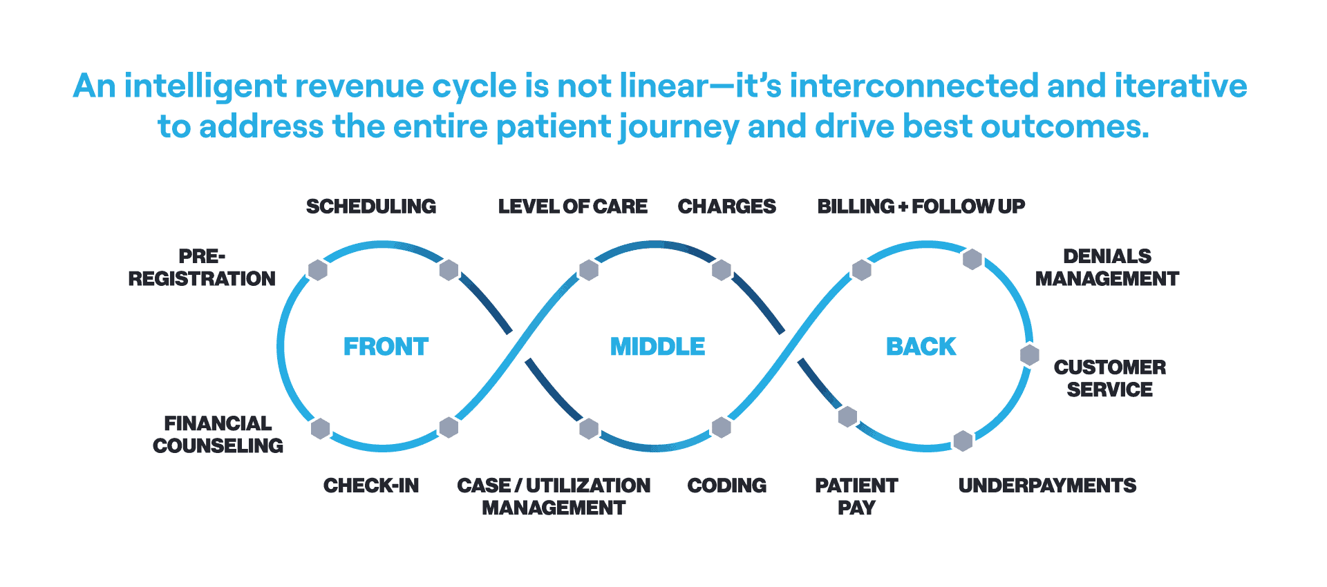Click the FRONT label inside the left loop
[386, 346]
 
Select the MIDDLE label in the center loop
[657, 346]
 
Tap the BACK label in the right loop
[921, 346]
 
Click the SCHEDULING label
[371, 206]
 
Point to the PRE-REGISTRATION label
[202, 267]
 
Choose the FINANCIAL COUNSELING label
[218, 434]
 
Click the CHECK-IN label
[371, 485]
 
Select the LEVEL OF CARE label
[572, 206]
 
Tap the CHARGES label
[726, 206]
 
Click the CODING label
[726, 485]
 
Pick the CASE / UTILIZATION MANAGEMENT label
[554, 497]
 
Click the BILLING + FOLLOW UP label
[921, 206]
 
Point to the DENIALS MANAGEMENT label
[1107, 267]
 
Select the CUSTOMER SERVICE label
[1109, 378]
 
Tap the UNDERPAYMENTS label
[1047, 485]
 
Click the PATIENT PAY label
[856, 497]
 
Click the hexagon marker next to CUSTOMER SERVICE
[1030, 355]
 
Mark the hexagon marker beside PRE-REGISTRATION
[317, 270]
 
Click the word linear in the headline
[663, 87]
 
